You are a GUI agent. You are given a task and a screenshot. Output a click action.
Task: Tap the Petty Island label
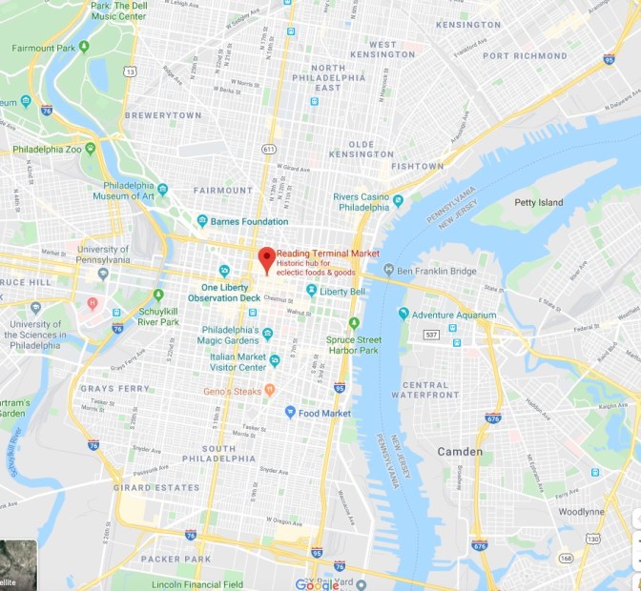point(539,202)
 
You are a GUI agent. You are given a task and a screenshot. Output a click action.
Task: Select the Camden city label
point(460,451)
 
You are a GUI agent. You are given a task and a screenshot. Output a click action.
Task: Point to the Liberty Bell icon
point(311,290)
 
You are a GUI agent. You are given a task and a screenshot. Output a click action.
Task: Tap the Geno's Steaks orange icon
point(270,389)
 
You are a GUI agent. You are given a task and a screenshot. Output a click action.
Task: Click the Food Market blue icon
point(290,412)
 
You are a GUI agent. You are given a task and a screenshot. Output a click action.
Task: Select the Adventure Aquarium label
point(454,315)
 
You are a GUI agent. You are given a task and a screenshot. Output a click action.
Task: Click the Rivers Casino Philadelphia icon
point(399,200)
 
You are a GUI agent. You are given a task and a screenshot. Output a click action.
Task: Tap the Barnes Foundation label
point(249,221)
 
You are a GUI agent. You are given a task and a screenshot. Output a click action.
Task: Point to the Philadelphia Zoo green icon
point(90,149)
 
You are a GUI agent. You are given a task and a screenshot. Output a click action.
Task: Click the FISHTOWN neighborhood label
point(417,167)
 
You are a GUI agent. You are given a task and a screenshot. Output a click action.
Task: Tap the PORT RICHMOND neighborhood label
point(525,55)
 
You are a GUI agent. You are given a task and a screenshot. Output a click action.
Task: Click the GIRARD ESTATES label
point(157,487)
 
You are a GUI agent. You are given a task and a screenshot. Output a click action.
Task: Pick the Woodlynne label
point(582,512)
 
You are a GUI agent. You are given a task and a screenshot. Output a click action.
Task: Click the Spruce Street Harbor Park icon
point(354,323)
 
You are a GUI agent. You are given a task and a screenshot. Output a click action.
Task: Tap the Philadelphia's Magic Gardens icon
point(268,334)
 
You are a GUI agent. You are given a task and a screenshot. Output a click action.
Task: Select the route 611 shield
point(270,149)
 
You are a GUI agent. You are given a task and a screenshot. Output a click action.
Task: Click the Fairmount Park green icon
point(84,46)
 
